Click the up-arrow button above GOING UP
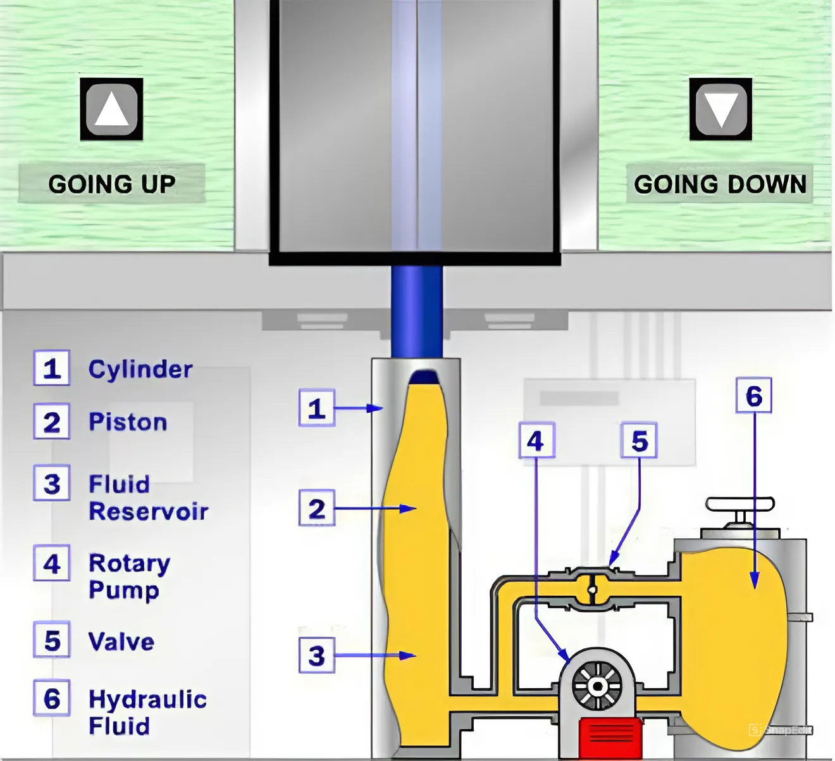[x=111, y=109]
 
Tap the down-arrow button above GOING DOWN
[x=721, y=109]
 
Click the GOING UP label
[x=112, y=184]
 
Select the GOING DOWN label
[x=720, y=184]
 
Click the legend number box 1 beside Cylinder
[x=52, y=368]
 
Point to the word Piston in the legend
[x=128, y=422]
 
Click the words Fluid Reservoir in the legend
[x=148, y=498]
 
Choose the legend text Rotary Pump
[x=129, y=576]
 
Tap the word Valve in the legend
[x=121, y=642]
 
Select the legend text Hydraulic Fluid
[x=147, y=712]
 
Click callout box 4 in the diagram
[x=536, y=441]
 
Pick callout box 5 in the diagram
[x=640, y=441]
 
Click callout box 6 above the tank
[x=753, y=396]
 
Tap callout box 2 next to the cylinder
[x=316, y=508]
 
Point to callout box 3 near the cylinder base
[x=316, y=655]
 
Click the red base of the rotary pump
[x=610, y=737]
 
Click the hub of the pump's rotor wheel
[x=597, y=686]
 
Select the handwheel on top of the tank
[x=740, y=505]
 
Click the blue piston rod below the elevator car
[x=416, y=310]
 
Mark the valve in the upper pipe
[x=591, y=589]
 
